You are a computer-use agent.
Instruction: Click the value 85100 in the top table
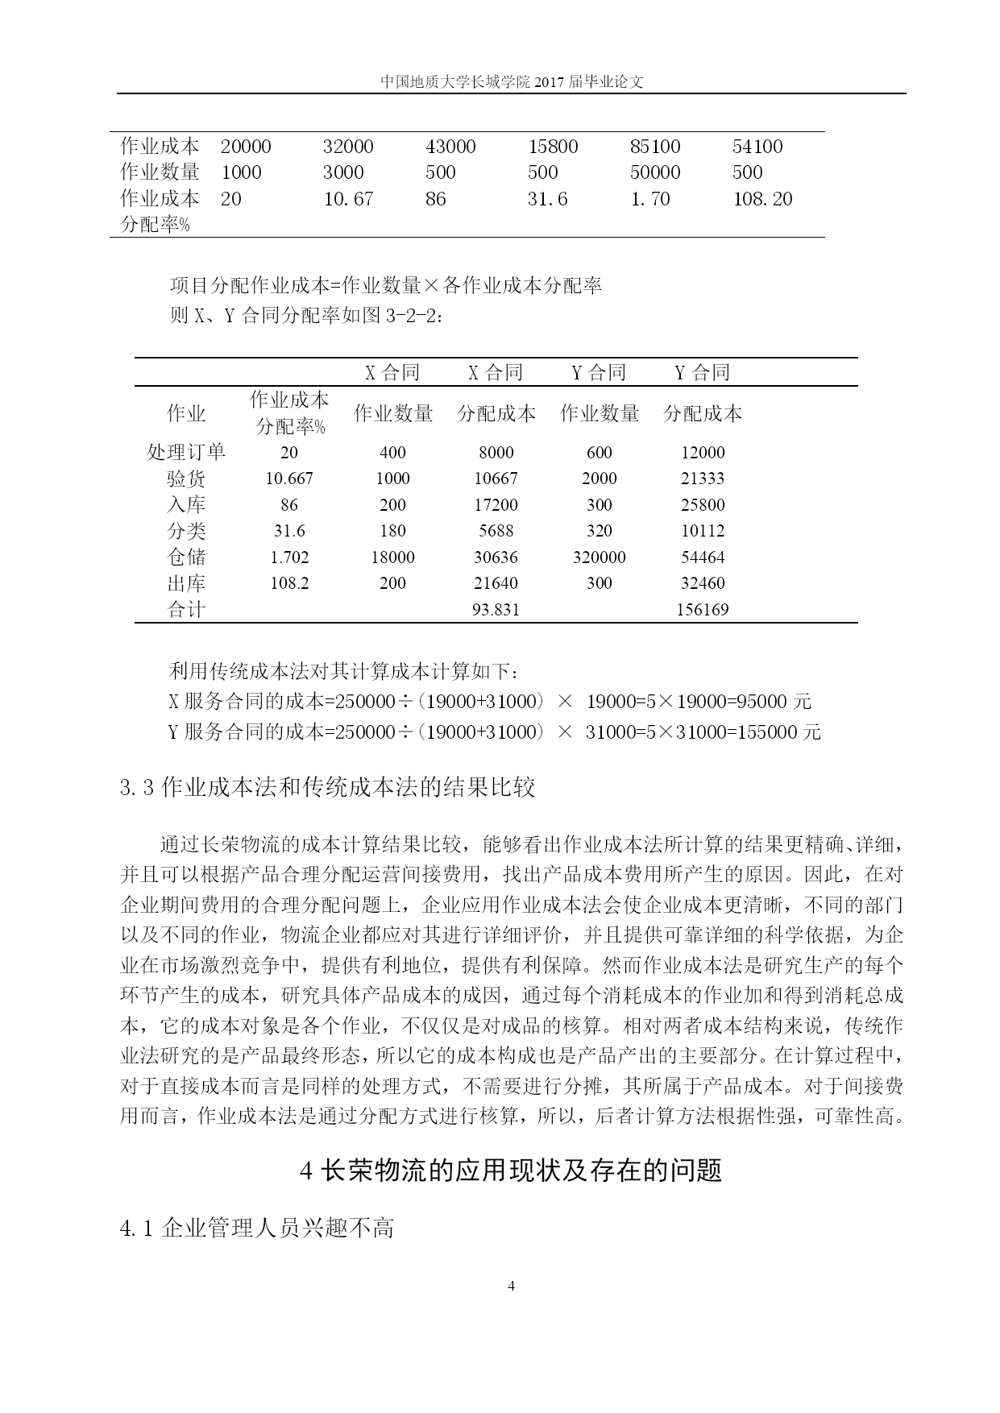pos(655,147)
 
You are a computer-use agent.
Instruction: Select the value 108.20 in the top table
pos(762,199)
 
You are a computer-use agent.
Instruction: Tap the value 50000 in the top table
pos(655,172)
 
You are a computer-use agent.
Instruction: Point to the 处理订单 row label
pos(186,452)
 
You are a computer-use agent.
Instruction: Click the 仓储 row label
pos(186,557)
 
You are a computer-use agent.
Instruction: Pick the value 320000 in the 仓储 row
pos(599,557)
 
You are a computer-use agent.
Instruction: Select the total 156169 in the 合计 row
pos(702,609)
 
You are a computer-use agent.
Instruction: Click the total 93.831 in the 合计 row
pos(496,609)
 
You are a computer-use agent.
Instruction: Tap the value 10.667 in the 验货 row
pos(289,479)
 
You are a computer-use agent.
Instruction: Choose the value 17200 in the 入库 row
pos(496,505)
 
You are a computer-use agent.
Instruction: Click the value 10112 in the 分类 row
pos(702,531)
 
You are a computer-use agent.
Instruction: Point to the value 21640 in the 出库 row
pos(496,583)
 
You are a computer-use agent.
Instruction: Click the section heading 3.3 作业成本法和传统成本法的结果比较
pos(327,787)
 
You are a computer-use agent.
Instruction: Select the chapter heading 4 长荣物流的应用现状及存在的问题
pos(510,1170)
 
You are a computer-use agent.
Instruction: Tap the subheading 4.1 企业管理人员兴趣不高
pos(257,1228)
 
